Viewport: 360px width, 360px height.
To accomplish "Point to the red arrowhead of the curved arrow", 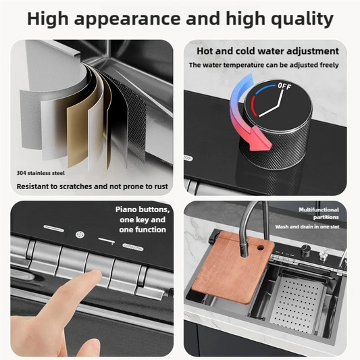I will (256, 143).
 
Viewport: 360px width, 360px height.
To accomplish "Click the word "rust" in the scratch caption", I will (159, 186).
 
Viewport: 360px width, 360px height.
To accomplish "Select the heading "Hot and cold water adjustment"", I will (267, 51).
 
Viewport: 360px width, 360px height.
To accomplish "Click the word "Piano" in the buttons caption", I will (128, 210).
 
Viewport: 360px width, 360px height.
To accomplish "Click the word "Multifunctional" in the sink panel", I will (319, 210).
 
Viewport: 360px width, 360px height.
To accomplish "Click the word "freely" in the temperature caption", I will (325, 65).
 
